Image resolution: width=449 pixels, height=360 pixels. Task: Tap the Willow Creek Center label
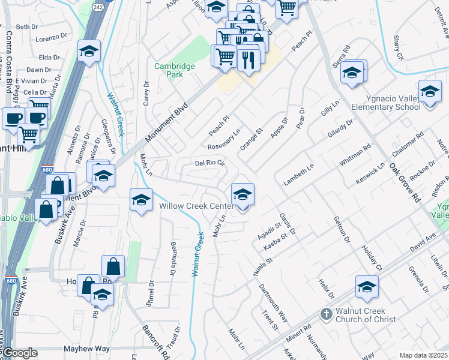pyautogui.click(x=196, y=206)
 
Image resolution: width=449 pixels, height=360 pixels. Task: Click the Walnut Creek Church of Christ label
pyautogui.click(x=366, y=315)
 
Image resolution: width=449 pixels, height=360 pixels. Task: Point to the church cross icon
pyautogui.click(x=325, y=313)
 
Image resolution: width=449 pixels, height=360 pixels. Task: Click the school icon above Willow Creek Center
pyautogui.click(x=243, y=194)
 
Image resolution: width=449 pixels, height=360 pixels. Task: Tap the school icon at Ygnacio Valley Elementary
pyautogui.click(x=429, y=92)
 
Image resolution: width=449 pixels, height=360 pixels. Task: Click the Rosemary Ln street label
pyautogui.click(x=224, y=139)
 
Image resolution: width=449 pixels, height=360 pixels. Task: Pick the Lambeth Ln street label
pyautogui.click(x=299, y=174)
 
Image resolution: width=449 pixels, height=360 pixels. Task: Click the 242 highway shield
pyautogui.click(x=97, y=5)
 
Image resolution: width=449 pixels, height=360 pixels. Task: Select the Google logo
pyautogui.click(x=20, y=353)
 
